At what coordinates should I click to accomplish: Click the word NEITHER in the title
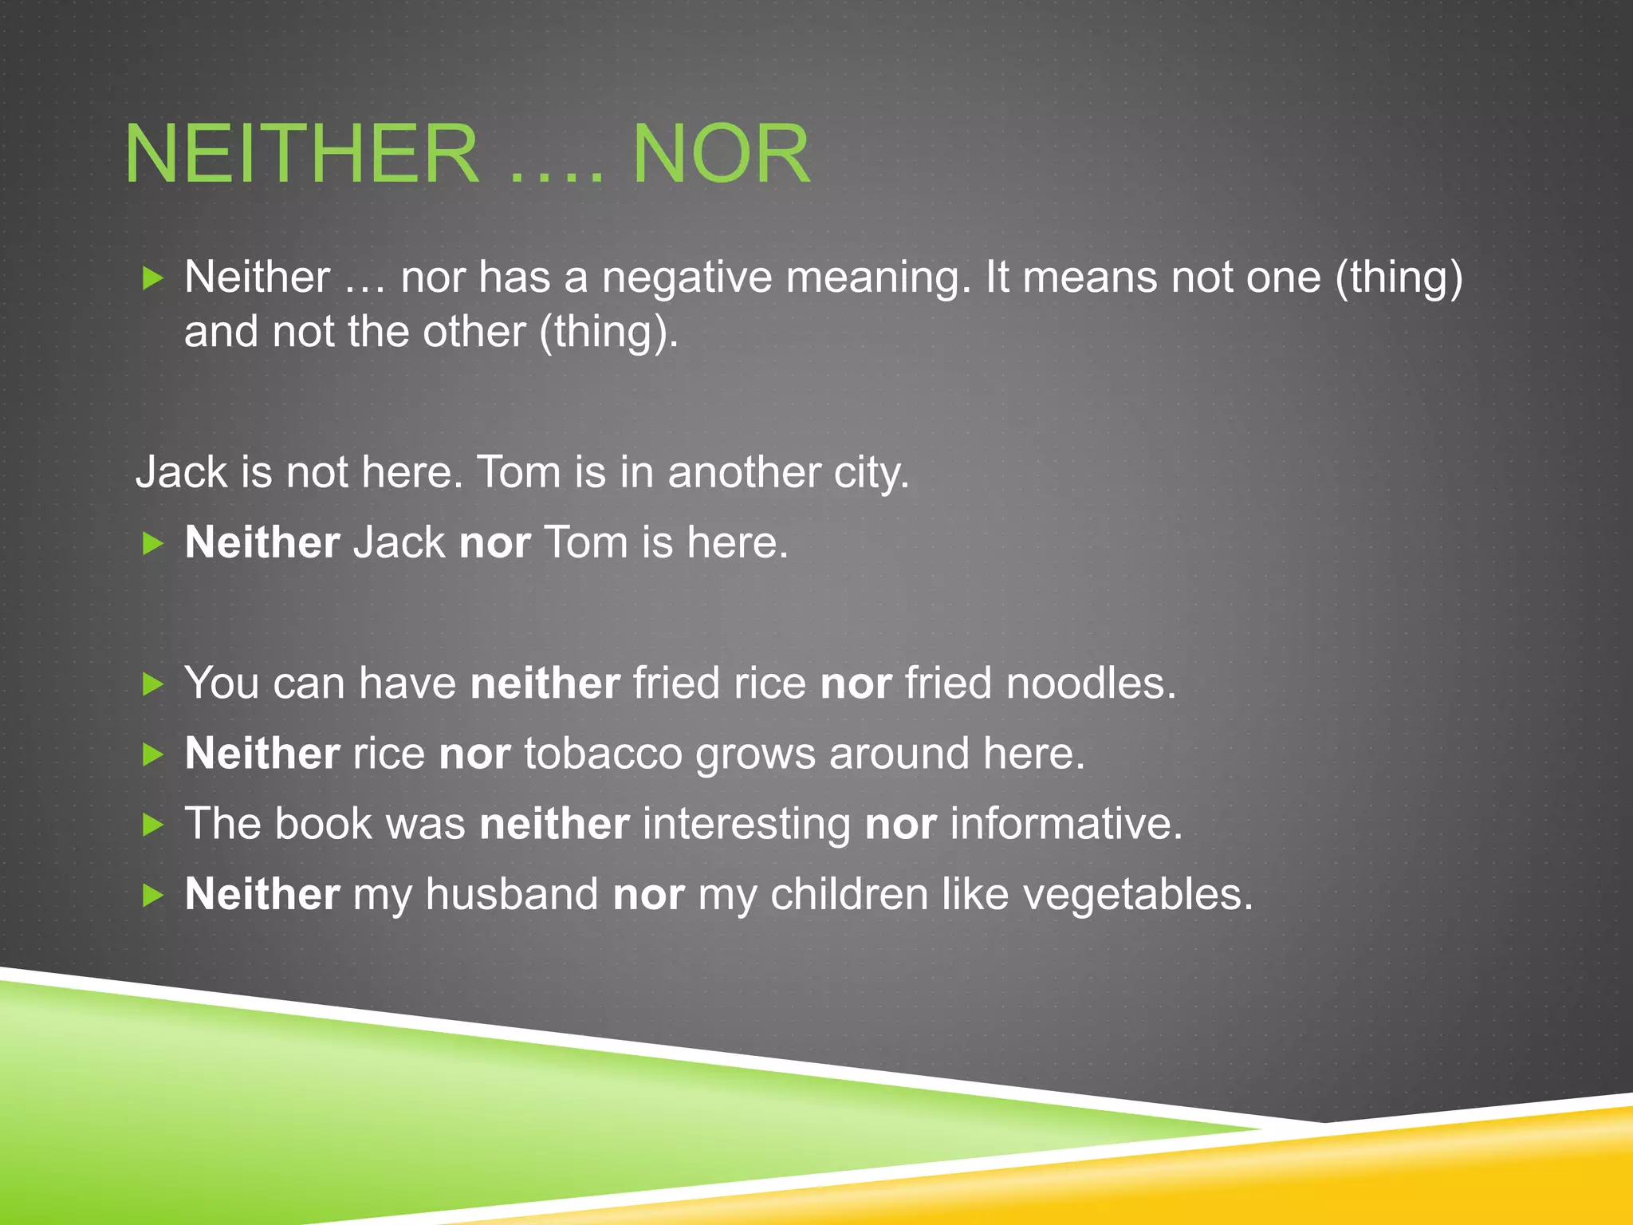point(301,154)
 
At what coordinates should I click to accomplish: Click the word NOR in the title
point(721,154)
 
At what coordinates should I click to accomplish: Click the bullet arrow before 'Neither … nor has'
point(152,278)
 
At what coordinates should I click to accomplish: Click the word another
point(744,473)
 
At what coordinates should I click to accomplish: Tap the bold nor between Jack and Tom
point(495,543)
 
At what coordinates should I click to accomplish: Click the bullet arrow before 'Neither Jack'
point(152,544)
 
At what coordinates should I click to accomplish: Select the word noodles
point(1090,683)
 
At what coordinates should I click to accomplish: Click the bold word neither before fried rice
point(545,683)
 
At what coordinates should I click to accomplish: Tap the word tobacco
point(603,754)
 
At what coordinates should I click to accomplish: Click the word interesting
point(747,824)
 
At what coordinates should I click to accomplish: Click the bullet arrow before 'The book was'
point(152,825)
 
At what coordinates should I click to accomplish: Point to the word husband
point(512,894)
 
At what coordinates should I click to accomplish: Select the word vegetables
point(1137,896)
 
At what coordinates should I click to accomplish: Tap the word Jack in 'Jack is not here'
point(182,473)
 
